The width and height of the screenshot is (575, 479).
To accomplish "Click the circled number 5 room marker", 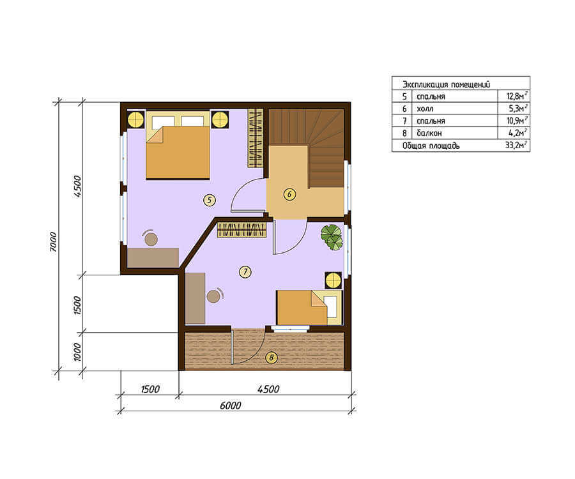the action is tap(209, 200).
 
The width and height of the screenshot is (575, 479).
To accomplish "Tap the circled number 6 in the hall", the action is tap(289, 194).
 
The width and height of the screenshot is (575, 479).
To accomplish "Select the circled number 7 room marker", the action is tap(245, 272).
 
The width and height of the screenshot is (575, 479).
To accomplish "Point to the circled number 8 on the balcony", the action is tap(271, 357).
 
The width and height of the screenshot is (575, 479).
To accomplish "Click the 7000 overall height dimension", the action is tap(54, 241).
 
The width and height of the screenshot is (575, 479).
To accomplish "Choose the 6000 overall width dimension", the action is tap(230, 405).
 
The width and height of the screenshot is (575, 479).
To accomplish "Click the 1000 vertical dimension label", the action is tap(77, 352).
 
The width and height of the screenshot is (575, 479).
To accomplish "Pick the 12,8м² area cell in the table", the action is tap(517, 96).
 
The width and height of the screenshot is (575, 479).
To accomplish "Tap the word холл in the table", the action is tap(425, 109).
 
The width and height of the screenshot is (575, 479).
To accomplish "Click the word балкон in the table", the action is tap(429, 133).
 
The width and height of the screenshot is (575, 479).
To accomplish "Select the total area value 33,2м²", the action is tap(516, 145).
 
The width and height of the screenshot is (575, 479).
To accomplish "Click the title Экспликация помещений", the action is tap(446, 84).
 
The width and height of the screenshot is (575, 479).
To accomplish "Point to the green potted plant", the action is tap(332, 237).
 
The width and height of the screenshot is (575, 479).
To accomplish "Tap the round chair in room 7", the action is tap(213, 296).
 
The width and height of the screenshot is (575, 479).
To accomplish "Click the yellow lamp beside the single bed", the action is tap(333, 281).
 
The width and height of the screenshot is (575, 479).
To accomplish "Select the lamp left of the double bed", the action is tap(135, 119).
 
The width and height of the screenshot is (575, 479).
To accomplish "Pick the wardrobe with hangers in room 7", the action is tap(241, 230).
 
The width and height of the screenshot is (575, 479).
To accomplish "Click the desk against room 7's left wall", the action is tap(195, 298).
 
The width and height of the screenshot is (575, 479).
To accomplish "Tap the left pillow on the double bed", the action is tap(160, 122).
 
